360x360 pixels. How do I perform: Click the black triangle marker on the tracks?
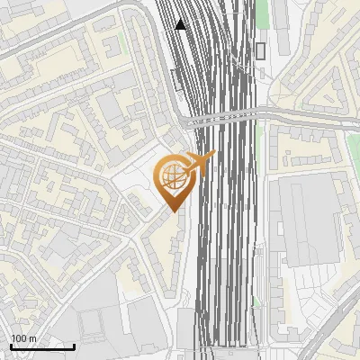182,24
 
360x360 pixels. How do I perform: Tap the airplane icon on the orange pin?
200,163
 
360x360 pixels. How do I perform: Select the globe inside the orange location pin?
171,176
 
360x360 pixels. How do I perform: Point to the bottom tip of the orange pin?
172,211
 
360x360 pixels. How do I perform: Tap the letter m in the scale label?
33,338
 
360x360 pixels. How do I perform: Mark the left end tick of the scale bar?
10,345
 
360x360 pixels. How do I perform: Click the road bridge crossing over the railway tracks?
225,117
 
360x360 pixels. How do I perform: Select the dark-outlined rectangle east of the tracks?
260,50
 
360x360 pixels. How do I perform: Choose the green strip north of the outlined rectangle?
262,13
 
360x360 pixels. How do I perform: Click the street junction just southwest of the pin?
149,221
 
